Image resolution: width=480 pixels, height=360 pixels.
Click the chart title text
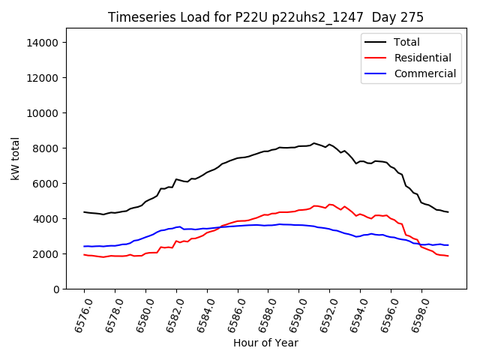tap(265, 17)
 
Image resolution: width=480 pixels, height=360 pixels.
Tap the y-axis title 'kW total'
tap(16, 159)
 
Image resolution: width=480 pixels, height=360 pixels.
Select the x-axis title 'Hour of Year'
tap(265, 343)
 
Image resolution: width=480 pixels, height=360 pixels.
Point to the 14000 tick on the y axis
tap(43, 43)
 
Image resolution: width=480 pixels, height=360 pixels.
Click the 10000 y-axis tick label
tap(43, 113)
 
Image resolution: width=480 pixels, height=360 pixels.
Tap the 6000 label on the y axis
tap(46, 184)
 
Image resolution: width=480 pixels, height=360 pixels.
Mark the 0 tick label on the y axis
tap(55, 289)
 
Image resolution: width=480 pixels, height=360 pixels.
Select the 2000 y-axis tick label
tap(46, 254)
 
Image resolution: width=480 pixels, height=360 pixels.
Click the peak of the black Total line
tap(313, 142)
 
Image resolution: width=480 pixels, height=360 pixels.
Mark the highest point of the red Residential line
tap(330, 204)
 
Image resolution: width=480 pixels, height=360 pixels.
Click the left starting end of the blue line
tap(84, 246)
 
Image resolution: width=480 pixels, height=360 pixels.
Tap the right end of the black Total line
tap(448, 212)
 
